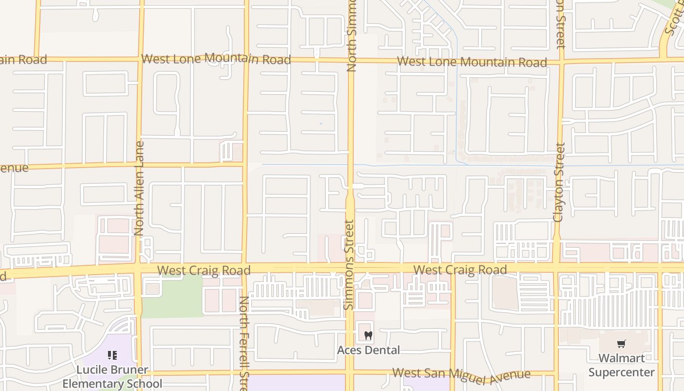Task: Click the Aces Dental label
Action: point(368,350)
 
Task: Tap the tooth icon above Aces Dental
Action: point(368,336)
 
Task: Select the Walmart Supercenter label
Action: point(621,365)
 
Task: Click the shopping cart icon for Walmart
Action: point(621,344)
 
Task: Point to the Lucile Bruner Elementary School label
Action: point(112,376)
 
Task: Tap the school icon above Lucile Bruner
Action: point(112,355)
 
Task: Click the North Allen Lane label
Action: point(139,188)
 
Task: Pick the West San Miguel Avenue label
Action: point(461,374)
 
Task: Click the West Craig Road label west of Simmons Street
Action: point(204,270)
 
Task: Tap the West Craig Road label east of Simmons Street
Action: point(460,270)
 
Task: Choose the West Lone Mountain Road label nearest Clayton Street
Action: point(471,62)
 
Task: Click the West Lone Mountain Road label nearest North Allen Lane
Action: point(216,59)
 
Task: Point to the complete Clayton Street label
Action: point(559,182)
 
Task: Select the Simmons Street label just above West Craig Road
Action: point(349,264)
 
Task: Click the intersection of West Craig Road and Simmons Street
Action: point(350,268)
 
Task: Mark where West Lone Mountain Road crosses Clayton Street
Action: point(561,62)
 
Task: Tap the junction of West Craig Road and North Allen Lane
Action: point(139,269)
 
